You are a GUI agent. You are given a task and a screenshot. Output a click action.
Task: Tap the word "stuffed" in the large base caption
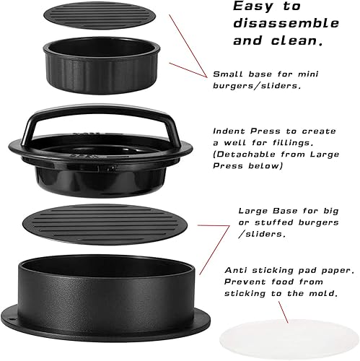278,222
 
